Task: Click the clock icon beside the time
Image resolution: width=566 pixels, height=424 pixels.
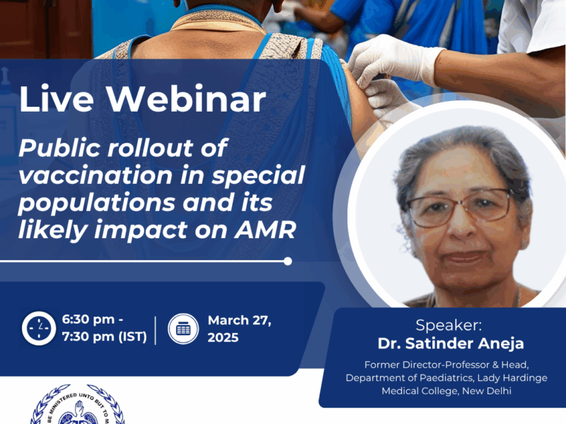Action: [x=38, y=329]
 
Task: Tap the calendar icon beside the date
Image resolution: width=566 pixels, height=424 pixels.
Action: [x=183, y=329]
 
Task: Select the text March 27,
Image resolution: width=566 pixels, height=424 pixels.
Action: [x=240, y=321]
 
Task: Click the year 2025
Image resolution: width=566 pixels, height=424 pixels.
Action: [x=223, y=338]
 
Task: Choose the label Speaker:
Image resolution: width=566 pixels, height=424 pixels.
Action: [x=449, y=326]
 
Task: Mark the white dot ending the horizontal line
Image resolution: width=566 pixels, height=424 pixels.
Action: [x=287, y=261]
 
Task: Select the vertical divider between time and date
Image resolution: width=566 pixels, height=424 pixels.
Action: [x=156, y=329]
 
